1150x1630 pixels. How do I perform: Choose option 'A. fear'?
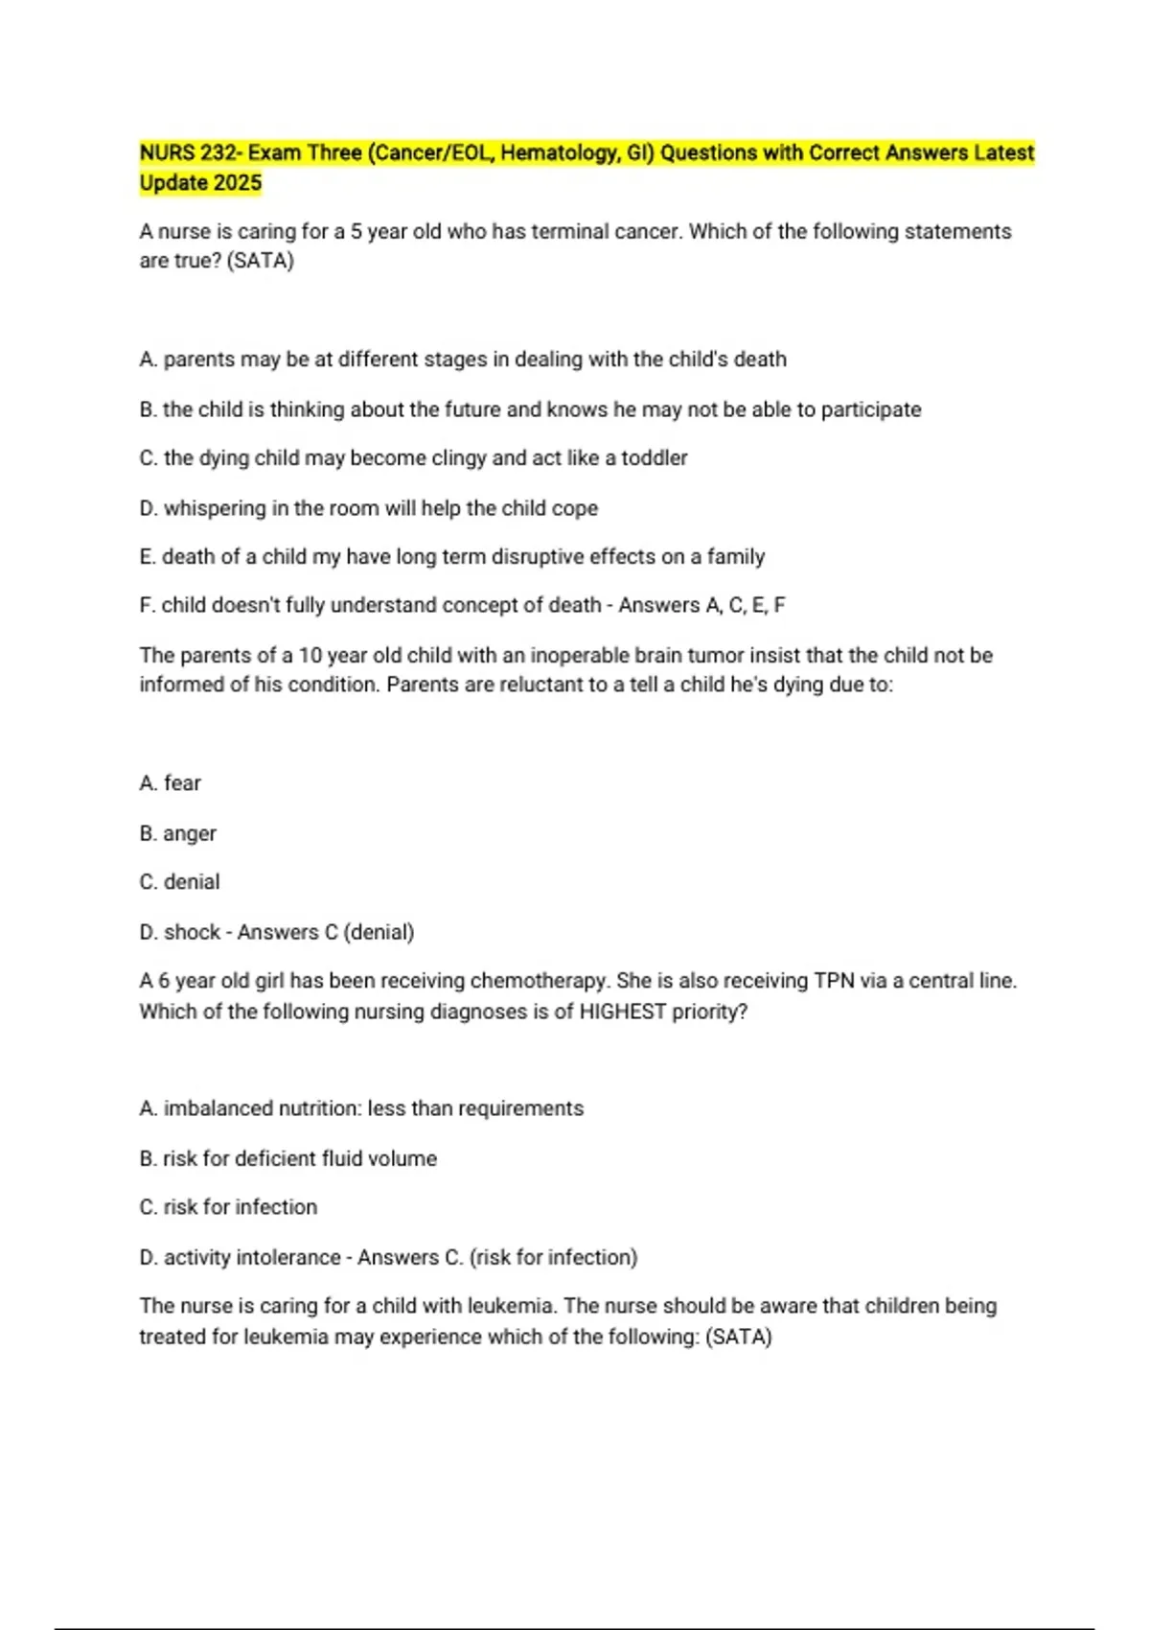[x=170, y=783]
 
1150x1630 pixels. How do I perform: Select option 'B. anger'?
[x=177, y=833]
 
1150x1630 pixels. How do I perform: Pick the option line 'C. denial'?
[x=179, y=882]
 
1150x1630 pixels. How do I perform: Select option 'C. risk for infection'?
[x=228, y=1207]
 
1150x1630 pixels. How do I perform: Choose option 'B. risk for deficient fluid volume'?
[x=287, y=1158]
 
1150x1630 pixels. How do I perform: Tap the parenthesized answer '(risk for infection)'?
[x=553, y=1257]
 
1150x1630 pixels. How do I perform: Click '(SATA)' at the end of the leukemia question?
[x=738, y=1337]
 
